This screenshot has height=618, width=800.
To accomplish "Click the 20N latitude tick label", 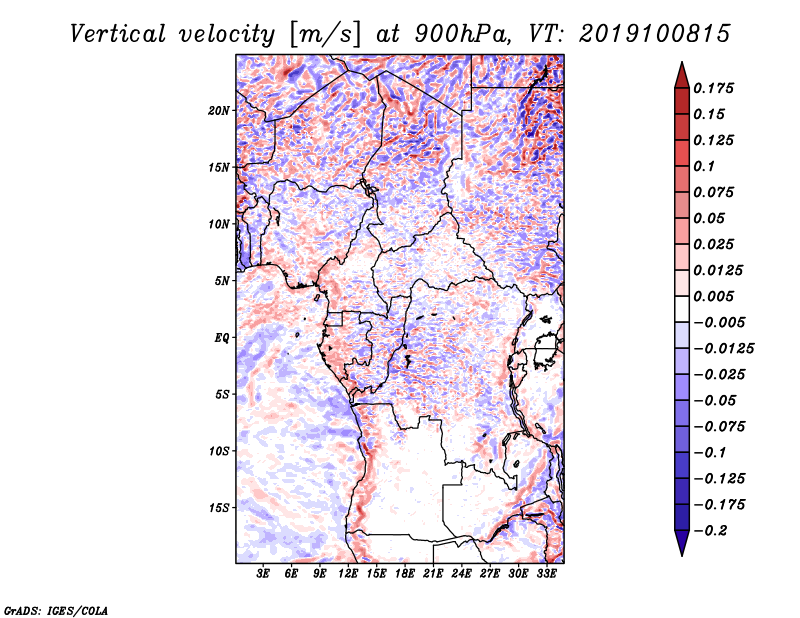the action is (218, 111).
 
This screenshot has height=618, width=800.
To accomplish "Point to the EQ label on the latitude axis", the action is (222, 338).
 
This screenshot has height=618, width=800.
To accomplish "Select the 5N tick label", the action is (221, 281).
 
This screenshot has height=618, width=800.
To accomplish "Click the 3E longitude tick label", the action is (263, 573).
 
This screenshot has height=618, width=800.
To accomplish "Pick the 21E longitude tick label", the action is (433, 573).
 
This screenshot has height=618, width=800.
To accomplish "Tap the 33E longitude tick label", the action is (546, 573).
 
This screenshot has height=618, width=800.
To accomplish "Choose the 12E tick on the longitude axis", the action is (348, 573).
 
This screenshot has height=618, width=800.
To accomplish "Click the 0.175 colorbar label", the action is (713, 88).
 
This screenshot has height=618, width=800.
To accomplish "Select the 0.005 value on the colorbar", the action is (713, 296).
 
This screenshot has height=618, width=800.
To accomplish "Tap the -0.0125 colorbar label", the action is (724, 349).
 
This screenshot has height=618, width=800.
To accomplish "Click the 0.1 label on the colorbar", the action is (704, 166).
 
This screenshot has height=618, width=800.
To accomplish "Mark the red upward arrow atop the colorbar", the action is (682, 75).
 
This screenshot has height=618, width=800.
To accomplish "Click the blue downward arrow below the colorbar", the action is (682, 543).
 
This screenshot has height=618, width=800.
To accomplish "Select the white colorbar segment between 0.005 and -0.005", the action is (682, 309).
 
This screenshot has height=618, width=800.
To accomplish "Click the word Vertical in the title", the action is (118, 34).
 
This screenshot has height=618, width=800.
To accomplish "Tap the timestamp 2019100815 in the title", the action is (655, 34).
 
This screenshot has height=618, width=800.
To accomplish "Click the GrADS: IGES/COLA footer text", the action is (56, 610).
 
